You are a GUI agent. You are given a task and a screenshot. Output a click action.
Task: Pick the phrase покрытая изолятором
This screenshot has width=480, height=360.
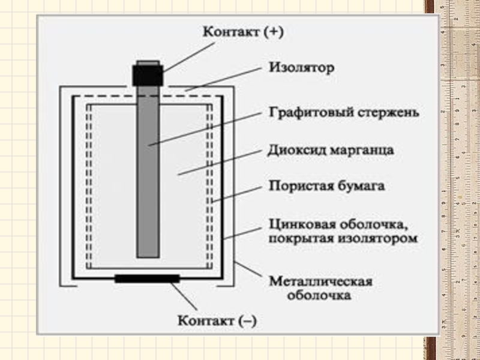click(x=342, y=238)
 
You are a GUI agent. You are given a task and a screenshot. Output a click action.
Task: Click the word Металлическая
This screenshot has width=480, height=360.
click(x=320, y=281)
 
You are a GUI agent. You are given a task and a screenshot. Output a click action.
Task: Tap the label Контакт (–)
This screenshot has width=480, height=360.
click(x=217, y=321)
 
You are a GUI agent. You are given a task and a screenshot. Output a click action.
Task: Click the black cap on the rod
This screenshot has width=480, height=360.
click(x=148, y=74)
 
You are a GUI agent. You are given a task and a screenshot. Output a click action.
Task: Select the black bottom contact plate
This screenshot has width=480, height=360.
click(x=147, y=278)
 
